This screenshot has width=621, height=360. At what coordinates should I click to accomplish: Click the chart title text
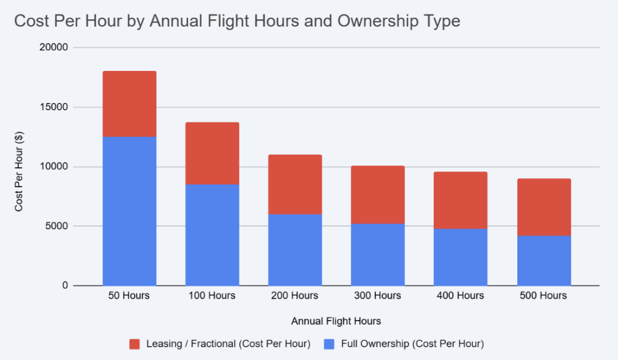pyautogui.click(x=237, y=21)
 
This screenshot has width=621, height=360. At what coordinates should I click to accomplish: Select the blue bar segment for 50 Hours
pyautogui.click(x=129, y=211)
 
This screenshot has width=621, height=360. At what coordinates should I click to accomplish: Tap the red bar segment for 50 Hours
pyautogui.click(x=129, y=104)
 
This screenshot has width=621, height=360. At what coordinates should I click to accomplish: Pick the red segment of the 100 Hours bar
pyautogui.click(x=212, y=153)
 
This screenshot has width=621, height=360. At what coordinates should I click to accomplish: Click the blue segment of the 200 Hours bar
pyautogui.click(x=295, y=250)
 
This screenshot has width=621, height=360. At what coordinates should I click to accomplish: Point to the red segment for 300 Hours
pyautogui.click(x=378, y=195)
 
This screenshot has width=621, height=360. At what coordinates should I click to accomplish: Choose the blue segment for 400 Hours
pyautogui.click(x=460, y=257)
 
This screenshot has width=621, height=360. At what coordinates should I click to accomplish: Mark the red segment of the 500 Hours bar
pyautogui.click(x=543, y=207)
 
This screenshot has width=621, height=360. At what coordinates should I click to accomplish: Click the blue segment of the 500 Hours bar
pyautogui.click(x=543, y=261)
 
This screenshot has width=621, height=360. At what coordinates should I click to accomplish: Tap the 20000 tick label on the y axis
pyautogui.click(x=54, y=47)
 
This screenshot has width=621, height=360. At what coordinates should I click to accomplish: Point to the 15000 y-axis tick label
pyautogui.click(x=54, y=107)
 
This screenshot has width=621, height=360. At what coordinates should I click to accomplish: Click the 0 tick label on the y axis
pyautogui.click(x=64, y=285)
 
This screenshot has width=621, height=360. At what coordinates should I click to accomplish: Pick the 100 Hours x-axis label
pyautogui.click(x=212, y=296)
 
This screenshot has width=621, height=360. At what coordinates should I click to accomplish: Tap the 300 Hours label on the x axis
pyautogui.click(x=378, y=296)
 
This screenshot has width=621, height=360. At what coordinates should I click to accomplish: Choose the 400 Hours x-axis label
pyautogui.click(x=460, y=296)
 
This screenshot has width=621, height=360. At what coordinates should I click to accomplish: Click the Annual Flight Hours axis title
pyautogui.click(x=336, y=321)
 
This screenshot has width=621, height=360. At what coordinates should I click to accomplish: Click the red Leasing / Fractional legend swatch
pyautogui.click(x=135, y=344)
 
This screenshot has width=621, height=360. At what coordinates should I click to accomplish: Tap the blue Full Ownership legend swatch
pyautogui.click(x=329, y=344)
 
